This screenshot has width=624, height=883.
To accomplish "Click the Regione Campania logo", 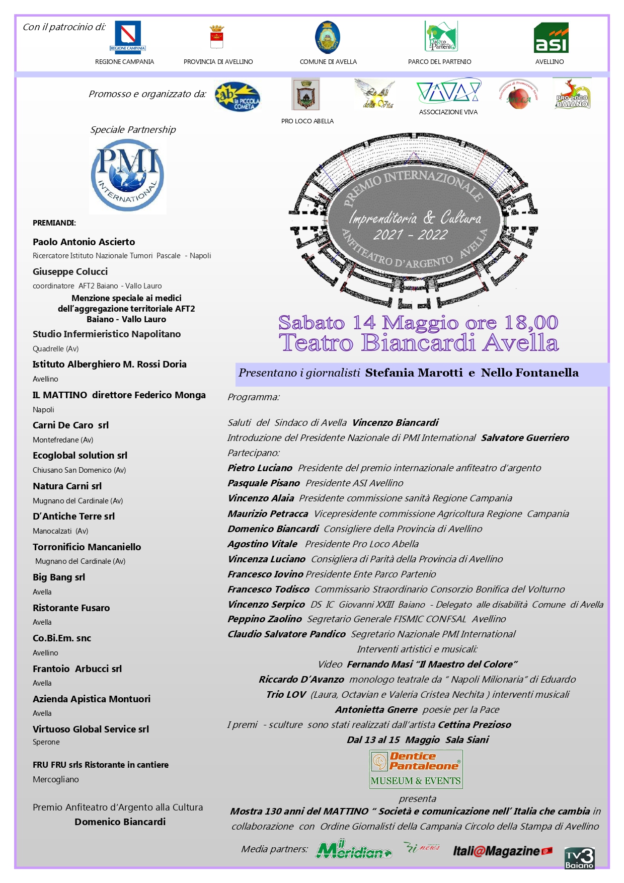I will coord(127,37).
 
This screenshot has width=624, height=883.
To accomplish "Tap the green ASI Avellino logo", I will coord(551,38).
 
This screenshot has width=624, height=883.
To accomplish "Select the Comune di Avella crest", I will coord(328,37).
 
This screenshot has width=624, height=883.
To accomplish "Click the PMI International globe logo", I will coord(128,176).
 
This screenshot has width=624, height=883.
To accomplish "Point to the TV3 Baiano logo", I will coord(579,858).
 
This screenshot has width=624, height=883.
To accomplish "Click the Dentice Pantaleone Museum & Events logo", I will coord(416,769).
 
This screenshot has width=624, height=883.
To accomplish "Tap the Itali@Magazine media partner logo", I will coord(502,851).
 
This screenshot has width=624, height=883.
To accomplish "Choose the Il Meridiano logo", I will coord(353,849).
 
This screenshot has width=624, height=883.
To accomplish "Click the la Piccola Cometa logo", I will coord(237,96).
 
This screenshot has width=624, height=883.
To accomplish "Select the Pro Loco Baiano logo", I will coord(572,94).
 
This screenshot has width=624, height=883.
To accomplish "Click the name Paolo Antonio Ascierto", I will coord(84,242).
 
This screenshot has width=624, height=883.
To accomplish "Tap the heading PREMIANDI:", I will coord(54,223).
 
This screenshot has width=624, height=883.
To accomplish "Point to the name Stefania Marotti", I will coord(414,373).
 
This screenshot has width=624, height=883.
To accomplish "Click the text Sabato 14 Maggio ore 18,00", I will coord(418,323).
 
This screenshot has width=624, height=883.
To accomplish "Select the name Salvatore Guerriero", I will coord(525,437).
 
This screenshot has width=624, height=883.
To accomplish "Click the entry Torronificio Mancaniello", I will coord(87,547).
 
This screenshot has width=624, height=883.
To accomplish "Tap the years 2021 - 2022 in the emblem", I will coord(410,235).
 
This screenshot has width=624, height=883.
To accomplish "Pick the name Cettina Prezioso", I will coord(474,724).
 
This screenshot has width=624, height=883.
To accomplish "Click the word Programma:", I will coord(253,397).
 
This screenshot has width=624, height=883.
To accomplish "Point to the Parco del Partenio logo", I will coord(440,36).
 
